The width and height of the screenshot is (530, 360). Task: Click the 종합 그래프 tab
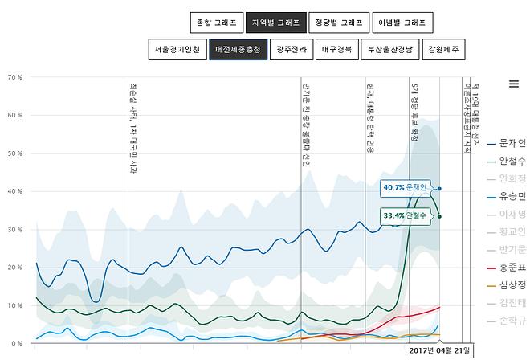click(x=214, y=22)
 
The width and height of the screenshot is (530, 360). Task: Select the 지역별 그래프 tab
click(x=275, y=22)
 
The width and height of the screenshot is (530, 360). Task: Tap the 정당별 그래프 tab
click(x=339, y=22)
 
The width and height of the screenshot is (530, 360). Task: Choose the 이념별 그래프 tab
click(x=402, y=22)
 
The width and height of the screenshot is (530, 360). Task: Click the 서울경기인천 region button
click(x=177, y=50)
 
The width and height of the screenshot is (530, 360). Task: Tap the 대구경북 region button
click(x=336, y=50)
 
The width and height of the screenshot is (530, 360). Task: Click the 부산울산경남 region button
click(x=391, y=50)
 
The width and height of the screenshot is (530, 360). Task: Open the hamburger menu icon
click(x=514, y=84)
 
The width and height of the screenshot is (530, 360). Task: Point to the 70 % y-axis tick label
click(x=14, y=77)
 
